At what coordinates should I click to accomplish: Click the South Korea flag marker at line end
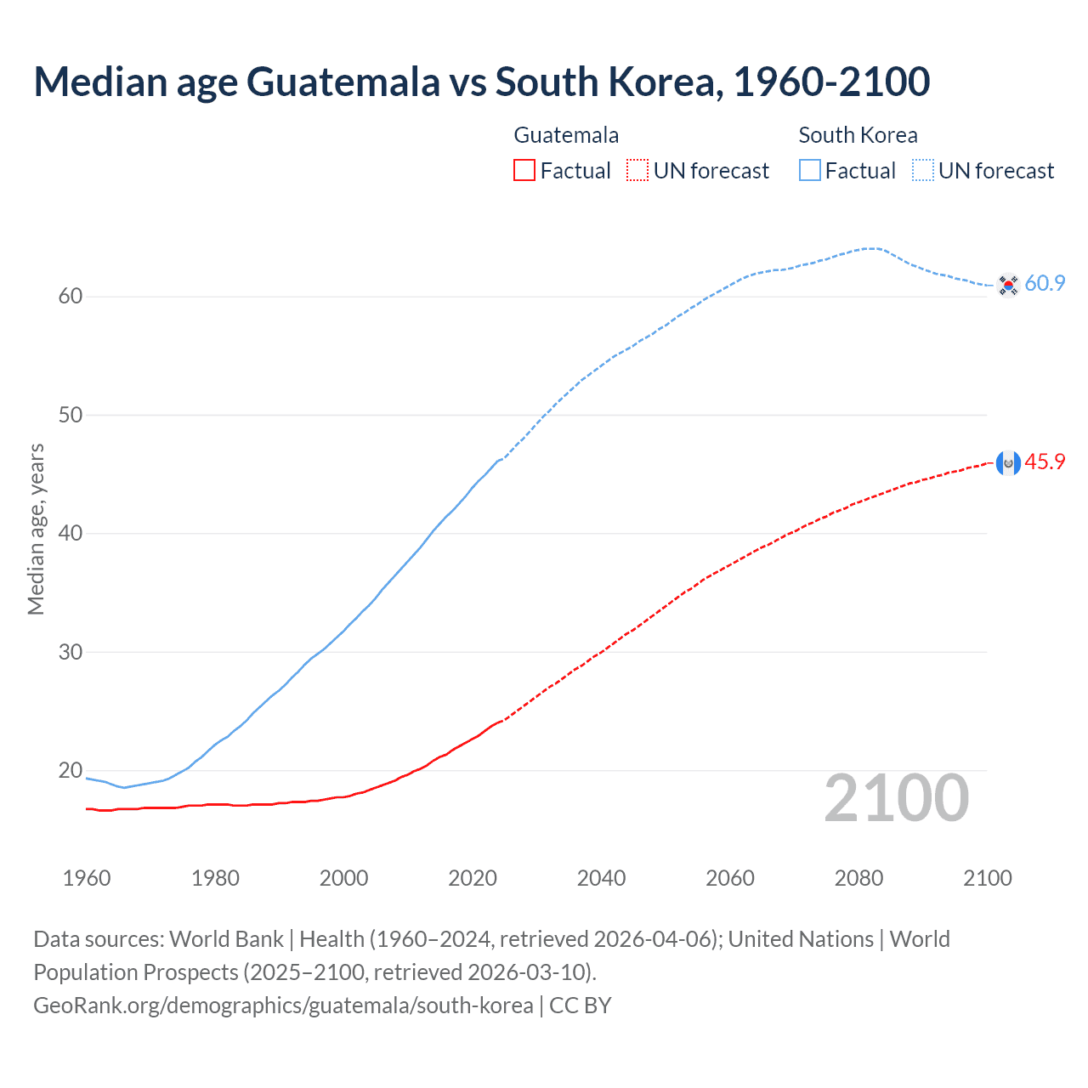coord(1008,285)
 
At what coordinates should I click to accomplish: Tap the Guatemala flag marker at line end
coord(1008,463)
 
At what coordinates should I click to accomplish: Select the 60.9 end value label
coord(1045,284)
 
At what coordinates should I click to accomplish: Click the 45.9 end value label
coord(1045,462)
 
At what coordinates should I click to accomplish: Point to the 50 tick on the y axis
coord(71,416)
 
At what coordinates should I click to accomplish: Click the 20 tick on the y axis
coord(71,771)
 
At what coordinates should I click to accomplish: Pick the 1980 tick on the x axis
coord(215,878)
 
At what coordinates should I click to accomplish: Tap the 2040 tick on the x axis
coord(601,878)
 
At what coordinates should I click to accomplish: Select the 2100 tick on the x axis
coord(987,878)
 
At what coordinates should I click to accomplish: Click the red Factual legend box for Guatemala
coord(524,171)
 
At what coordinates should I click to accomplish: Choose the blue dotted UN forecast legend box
coord(923,171)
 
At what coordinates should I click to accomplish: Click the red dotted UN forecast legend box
coord(637,171)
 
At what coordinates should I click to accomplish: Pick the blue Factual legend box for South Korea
coord(810,171)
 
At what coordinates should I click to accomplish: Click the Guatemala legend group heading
coord(566,135)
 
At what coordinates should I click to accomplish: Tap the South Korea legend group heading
coord(858,135)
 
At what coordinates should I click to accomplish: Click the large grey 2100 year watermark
coord(896,798)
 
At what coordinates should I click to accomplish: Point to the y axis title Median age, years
coord(36,529)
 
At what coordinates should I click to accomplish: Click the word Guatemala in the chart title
coord(343,82)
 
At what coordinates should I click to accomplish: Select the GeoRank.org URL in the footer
coord(283,1006)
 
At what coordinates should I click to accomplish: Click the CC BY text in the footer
coord(581,1006)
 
